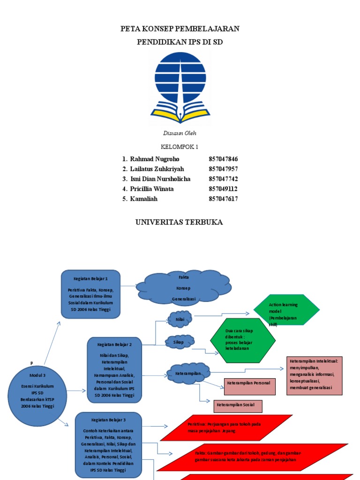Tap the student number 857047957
[x=223, y=169]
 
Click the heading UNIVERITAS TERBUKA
[x=180, y=222]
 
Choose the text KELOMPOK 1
[x=180, y=147]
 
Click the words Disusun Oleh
[x=180, y=133]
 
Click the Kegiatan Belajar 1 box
[x=91, y=294]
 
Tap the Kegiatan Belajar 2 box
[x=114, y=370]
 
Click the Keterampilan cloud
[x=187, y=373]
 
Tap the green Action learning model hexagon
[x=286, y=310]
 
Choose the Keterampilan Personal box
[x=248, y=383]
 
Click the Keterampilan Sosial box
[x=238, y=405]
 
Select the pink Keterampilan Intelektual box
[x=316, y=375]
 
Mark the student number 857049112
[x=223, y=189]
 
